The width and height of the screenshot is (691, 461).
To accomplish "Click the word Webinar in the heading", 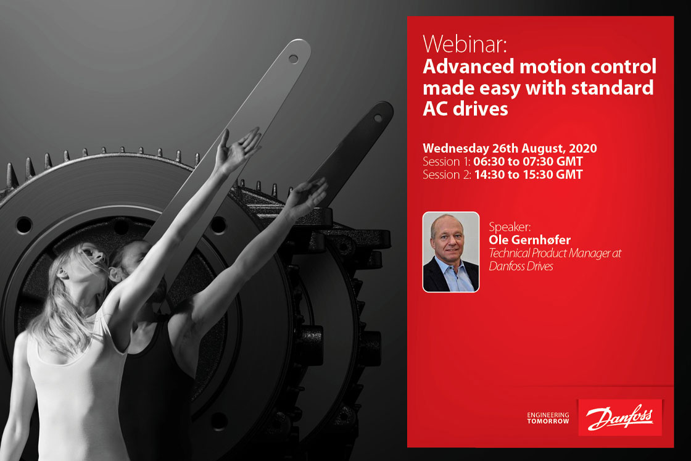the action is click(x=465, y=44).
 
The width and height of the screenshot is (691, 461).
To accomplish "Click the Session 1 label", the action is click(x=447, y=161).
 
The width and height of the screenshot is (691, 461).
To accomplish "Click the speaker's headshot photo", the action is click(x=451, y=252).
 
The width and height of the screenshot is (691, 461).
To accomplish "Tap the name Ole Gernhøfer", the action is click(x=529, y=239).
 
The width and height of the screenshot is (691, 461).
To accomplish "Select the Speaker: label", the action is click(x=510, y=227).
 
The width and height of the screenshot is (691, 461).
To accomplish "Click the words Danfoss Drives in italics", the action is click(x=521, y=266).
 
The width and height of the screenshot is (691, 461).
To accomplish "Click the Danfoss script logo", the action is click(x=619, y=417).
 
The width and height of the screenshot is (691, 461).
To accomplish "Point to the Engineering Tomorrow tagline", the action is click(x=548, y=418).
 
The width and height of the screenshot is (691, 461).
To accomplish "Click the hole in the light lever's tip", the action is click(x=293, y=59).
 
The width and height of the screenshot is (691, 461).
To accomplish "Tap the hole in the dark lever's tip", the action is click(x=378, y=118).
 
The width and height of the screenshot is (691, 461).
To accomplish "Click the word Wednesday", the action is click(x=456, y=149).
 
